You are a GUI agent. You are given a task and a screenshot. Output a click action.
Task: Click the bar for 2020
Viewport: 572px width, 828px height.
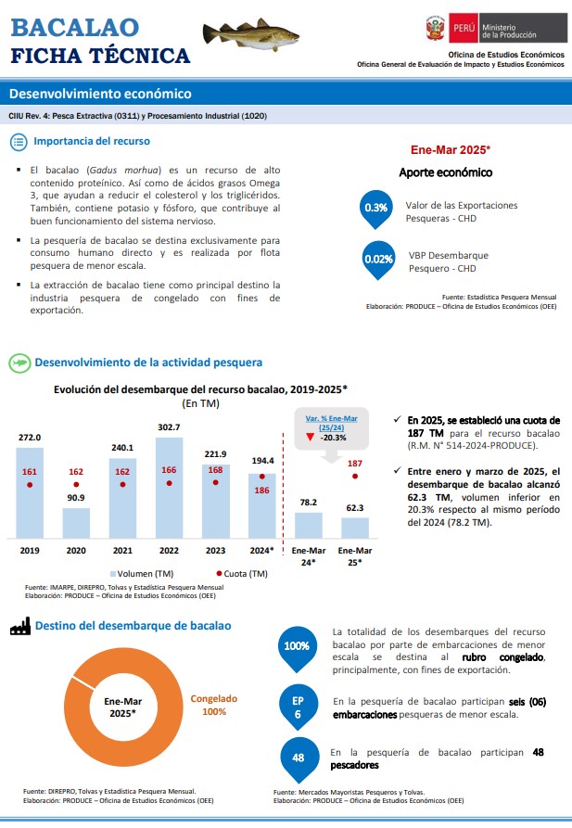[76, 523]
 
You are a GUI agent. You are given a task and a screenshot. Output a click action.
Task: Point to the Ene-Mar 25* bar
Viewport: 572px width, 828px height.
[355, 528]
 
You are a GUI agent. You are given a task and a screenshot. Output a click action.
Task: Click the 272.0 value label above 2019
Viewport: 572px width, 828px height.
[30, 437]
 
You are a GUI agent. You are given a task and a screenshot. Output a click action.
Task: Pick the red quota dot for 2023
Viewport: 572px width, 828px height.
[215, 483]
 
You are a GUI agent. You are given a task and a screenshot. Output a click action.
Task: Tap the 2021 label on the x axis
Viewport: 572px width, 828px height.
[122, 550]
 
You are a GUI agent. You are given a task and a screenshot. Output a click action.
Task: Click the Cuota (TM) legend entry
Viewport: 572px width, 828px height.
[243, 573]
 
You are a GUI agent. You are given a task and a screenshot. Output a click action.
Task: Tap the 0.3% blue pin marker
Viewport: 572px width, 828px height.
[376, 209]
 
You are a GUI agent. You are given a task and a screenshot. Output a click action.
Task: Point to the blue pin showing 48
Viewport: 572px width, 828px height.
[299, 758]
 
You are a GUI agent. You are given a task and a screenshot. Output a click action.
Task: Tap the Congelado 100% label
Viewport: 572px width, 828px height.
[214, 705]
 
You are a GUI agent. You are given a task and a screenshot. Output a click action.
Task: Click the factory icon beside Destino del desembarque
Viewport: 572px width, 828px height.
[19, 627]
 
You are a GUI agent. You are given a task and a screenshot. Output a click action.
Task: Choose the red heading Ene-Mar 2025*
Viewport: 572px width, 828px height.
[450, 149]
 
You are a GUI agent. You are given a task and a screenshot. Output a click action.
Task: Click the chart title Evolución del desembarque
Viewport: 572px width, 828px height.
[200, 389]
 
